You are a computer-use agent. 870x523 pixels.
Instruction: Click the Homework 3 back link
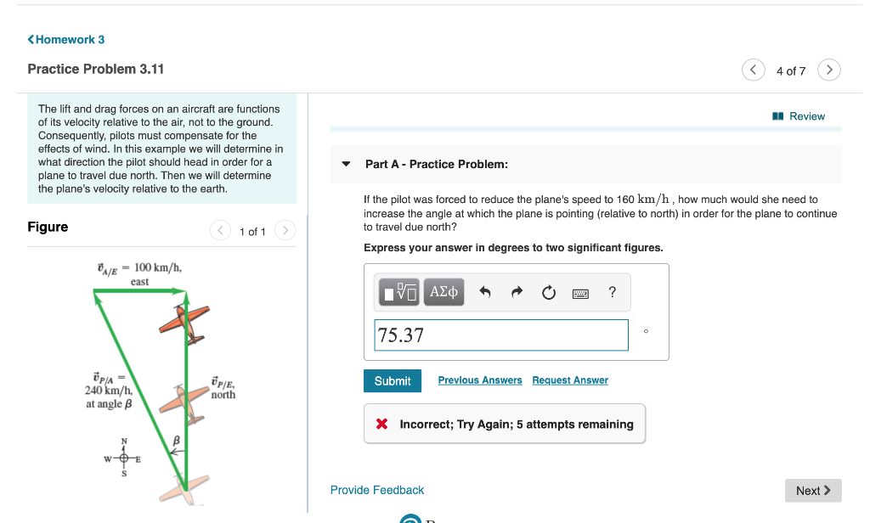[x=66, y=40]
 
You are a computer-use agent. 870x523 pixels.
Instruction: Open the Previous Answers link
[x=480, y=380]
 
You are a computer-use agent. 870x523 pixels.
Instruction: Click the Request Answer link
[x=570, y=380]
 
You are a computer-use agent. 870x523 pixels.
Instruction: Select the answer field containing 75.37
[x=501, y=335]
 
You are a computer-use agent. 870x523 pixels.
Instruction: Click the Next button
[x=813, y=491]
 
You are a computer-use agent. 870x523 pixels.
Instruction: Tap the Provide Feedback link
[x=377, y=490]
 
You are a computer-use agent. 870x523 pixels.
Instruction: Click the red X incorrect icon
[x=382, y=425]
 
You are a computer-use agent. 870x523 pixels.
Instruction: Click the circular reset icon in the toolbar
[x=549, y=293]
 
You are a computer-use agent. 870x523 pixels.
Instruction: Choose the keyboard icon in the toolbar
[x=580, y=293]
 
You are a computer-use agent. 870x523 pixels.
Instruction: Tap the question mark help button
[x=613, y=293]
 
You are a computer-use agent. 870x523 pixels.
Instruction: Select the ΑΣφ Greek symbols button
[x=444, y=293]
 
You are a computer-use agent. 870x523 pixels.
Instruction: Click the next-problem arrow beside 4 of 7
[x=830, y=70]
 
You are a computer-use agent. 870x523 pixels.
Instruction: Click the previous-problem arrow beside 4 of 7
[x=753, y=70]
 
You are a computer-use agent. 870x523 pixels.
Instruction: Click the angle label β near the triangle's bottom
[x=177, y=441]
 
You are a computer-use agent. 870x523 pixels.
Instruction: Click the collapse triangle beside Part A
[x=346, y=164]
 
